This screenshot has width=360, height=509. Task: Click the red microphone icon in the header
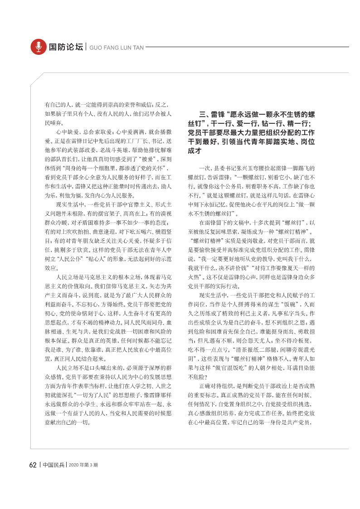(38, 46)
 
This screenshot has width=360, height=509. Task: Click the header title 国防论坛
(66, 47)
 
